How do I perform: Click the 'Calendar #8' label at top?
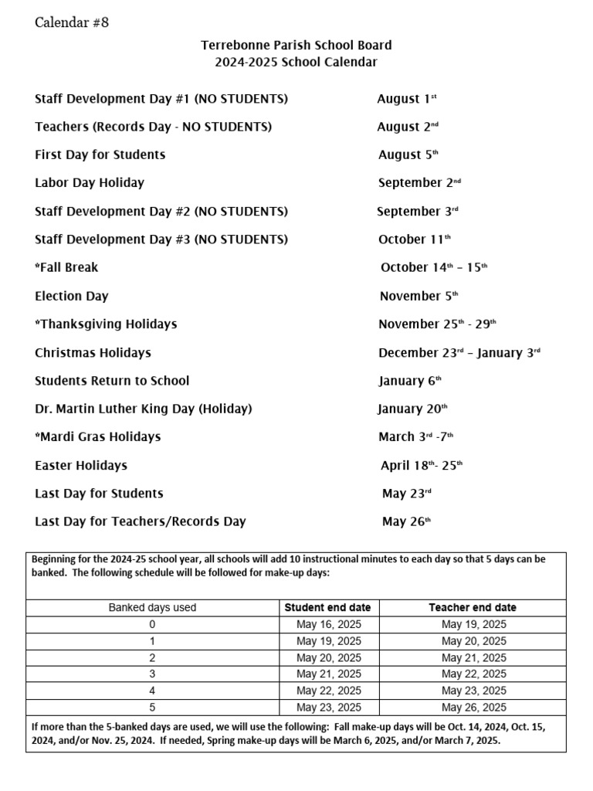point(72,22)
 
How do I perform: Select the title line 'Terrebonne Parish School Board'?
point(296,46)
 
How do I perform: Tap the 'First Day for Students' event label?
point(100,155)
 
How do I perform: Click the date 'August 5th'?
point(408,155)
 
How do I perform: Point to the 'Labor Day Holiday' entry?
point(90,183)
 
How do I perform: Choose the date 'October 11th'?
point(415,239)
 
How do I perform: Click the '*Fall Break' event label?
point(66,268)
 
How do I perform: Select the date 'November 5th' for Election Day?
point(418,296)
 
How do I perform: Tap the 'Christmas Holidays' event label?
point(93,353)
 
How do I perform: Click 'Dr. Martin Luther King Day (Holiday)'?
point(144,409)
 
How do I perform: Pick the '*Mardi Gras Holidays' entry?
point(98,437)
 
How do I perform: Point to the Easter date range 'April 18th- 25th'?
point(422,466)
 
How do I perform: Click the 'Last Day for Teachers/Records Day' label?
point(141,521)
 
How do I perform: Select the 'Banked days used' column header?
point(152,608)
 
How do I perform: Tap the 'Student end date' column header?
point(328,608)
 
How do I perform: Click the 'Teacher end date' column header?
point(473,608)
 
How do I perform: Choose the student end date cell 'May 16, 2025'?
point(328,624)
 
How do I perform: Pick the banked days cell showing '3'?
point(152,674)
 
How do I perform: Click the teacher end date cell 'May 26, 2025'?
point(473,708)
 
